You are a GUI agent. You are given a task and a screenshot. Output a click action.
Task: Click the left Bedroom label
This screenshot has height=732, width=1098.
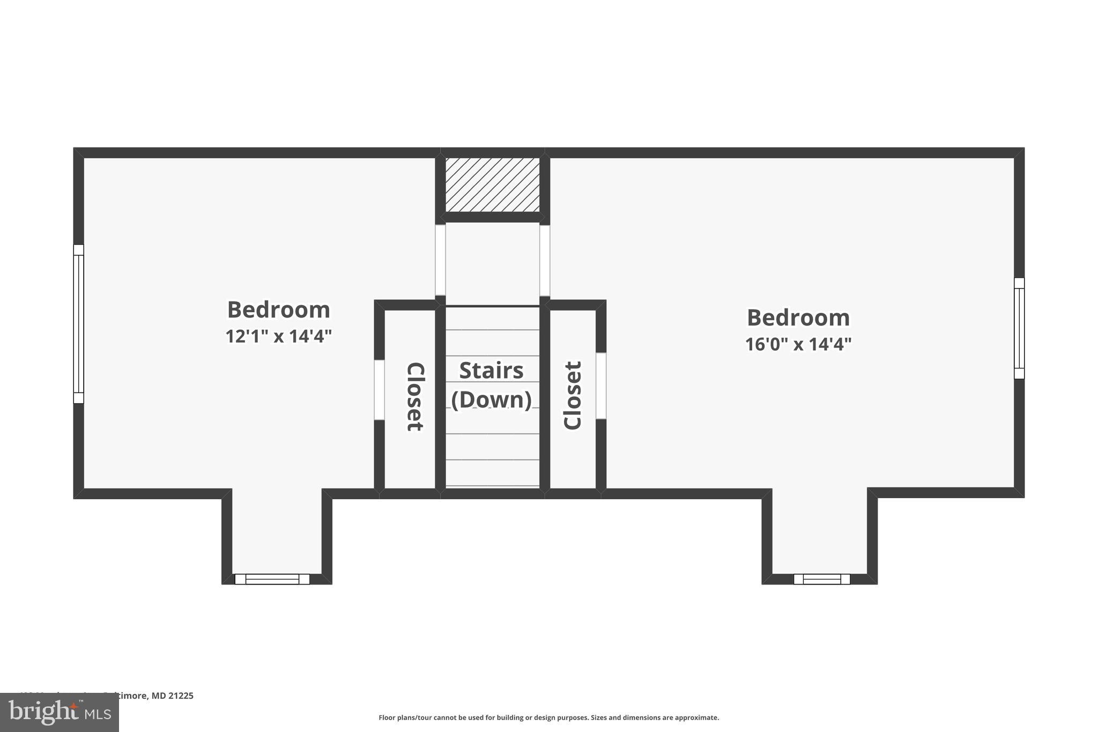coord(278,310)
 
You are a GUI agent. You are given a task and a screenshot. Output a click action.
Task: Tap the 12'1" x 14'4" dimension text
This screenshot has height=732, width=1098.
coord(278,336)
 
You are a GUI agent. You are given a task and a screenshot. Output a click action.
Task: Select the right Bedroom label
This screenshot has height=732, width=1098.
coord(798,317)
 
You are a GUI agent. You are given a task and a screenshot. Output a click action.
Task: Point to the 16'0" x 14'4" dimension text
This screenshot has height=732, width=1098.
coord(798,344)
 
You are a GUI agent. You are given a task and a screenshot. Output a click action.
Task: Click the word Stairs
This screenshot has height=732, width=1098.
coord(491,371)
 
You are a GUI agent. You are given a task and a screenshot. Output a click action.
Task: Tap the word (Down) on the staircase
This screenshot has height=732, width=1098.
coord(491,400)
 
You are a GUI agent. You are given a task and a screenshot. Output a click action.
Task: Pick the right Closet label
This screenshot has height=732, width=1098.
coord(573,396)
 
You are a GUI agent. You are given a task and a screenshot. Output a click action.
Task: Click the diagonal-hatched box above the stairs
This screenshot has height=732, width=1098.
coord(492,184)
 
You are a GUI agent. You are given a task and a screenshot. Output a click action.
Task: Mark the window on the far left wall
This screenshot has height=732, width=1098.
coord(79,324)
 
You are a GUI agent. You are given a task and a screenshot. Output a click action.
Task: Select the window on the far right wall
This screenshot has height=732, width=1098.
coord(1019,328)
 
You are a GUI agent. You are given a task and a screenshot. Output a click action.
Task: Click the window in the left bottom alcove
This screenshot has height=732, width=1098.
coord(272,579)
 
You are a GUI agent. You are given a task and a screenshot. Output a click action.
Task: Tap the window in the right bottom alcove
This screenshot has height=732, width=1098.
coord(821,579)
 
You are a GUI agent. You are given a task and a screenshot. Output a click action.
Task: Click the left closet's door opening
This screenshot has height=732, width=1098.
coord(379,390)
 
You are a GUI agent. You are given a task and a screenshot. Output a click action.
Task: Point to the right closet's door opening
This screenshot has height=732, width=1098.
coord(601,386)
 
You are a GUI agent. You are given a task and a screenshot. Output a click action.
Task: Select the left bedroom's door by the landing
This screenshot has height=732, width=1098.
coord(440,260)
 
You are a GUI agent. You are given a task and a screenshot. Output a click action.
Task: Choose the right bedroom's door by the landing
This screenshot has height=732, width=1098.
coord(545,260)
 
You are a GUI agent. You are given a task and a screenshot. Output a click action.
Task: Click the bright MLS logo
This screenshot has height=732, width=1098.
coord(60,712)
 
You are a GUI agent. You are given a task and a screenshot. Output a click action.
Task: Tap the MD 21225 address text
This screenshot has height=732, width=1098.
coord(172,696)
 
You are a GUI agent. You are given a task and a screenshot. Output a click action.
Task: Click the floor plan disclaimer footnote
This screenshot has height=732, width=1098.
coord(548,718)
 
